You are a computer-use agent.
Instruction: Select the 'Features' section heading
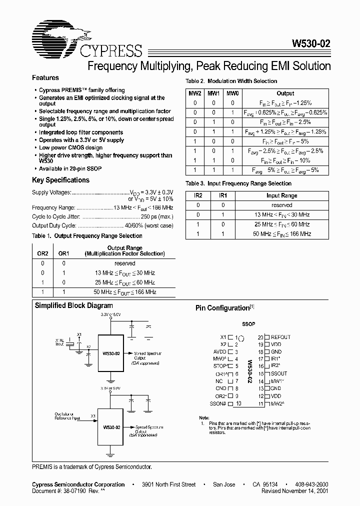point(45,78)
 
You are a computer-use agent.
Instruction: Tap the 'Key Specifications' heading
point(60,180)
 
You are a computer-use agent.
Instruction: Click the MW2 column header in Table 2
point(194,93)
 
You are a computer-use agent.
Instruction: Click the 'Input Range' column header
point(281,195)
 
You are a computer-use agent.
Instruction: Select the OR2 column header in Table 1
point(43,253)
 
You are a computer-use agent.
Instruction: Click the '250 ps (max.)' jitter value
point(157,216)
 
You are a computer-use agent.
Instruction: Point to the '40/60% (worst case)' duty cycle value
point(148,225)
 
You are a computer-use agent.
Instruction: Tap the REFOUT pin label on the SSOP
point(280,337)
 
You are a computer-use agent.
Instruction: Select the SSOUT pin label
point(279,373)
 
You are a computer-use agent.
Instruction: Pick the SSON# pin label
point(218,403)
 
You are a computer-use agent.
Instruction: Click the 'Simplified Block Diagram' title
point(73,305)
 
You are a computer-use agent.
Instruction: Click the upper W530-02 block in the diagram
point(111,353)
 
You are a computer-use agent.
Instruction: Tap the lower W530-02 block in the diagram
point(111,427)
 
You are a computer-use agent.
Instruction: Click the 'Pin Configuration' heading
point(222,308)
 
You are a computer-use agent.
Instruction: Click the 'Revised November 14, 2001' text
point(295,491)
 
